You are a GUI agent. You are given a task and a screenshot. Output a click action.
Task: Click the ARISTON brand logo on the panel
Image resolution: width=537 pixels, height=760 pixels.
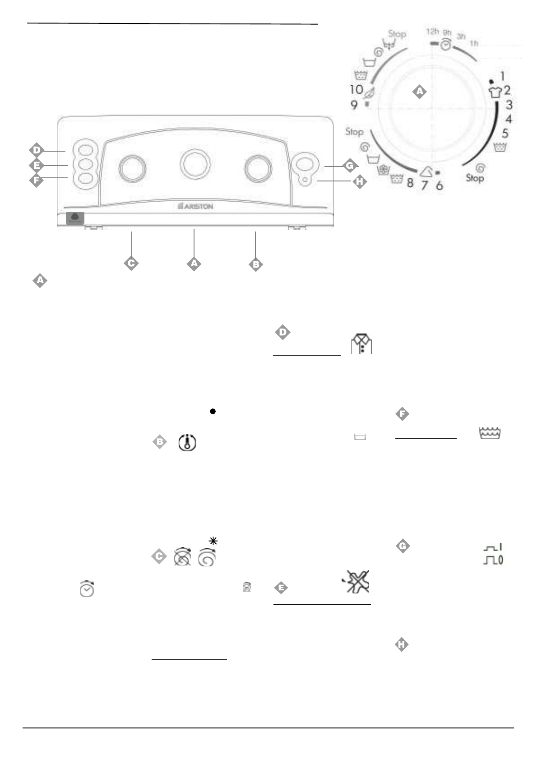pos(195,206)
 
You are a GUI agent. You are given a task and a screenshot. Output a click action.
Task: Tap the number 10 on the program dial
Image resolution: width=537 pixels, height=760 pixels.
pos(356,89)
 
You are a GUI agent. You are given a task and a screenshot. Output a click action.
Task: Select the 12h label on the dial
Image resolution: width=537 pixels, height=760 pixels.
pos(432,32)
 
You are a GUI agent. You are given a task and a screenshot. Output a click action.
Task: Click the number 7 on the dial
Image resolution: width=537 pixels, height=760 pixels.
pos(424,185)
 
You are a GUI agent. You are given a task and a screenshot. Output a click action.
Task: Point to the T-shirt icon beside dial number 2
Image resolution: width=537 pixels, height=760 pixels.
pos(495,92)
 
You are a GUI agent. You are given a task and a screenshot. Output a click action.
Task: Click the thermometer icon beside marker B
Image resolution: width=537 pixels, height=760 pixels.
pos(187,442)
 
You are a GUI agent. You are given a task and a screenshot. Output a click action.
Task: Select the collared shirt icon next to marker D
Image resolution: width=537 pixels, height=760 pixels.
pos(361,344)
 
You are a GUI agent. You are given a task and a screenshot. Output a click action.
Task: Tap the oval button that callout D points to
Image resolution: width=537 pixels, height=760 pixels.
pos(86,149)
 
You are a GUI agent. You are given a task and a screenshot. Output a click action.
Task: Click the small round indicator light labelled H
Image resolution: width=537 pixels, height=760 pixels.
pos(305,179)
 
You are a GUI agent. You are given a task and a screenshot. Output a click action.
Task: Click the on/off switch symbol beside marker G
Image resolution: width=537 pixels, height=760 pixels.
pos(493,554)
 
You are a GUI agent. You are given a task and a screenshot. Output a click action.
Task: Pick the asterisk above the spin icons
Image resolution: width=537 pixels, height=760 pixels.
pos(213,541)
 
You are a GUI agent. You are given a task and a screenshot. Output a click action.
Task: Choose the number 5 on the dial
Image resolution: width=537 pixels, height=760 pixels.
pos(505,134)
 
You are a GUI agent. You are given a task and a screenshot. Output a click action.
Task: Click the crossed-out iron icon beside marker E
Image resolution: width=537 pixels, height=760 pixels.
pos(356,581)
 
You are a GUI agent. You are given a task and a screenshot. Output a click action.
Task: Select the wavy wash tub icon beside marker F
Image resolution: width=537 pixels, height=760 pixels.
pos(489,433)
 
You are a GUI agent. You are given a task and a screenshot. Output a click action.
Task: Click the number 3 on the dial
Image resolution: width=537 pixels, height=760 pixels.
pos(509,105)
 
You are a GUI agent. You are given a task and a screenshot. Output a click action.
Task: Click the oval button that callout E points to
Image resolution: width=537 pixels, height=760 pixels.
pos(86,164)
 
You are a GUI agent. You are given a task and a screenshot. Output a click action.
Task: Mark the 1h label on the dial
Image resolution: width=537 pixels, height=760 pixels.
pos(474,43)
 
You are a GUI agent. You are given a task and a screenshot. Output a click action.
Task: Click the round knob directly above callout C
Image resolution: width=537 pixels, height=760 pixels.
pos(132,168)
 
